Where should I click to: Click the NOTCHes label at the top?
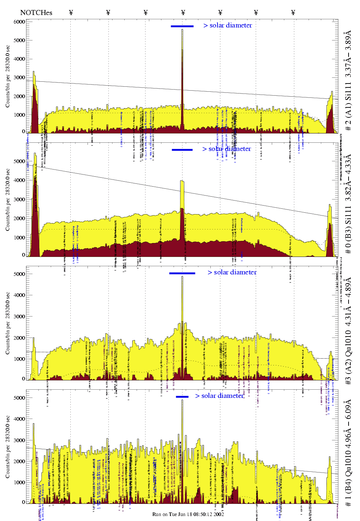pos(36,12)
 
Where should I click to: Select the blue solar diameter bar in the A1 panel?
pos(182,26)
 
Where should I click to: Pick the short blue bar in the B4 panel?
pos(182,397)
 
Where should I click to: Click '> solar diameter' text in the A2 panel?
pos(232,272)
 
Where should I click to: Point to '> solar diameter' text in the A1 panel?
pos(227,25)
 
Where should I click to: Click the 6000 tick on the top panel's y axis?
pos(19,22)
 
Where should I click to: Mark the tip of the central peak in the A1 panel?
pos(182,30)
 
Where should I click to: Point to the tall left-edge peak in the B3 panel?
pos(35,154)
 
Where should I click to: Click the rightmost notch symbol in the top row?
pos(293,12)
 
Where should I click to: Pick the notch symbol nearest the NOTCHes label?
pos(71,12)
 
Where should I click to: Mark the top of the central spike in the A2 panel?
pos(182,277)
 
